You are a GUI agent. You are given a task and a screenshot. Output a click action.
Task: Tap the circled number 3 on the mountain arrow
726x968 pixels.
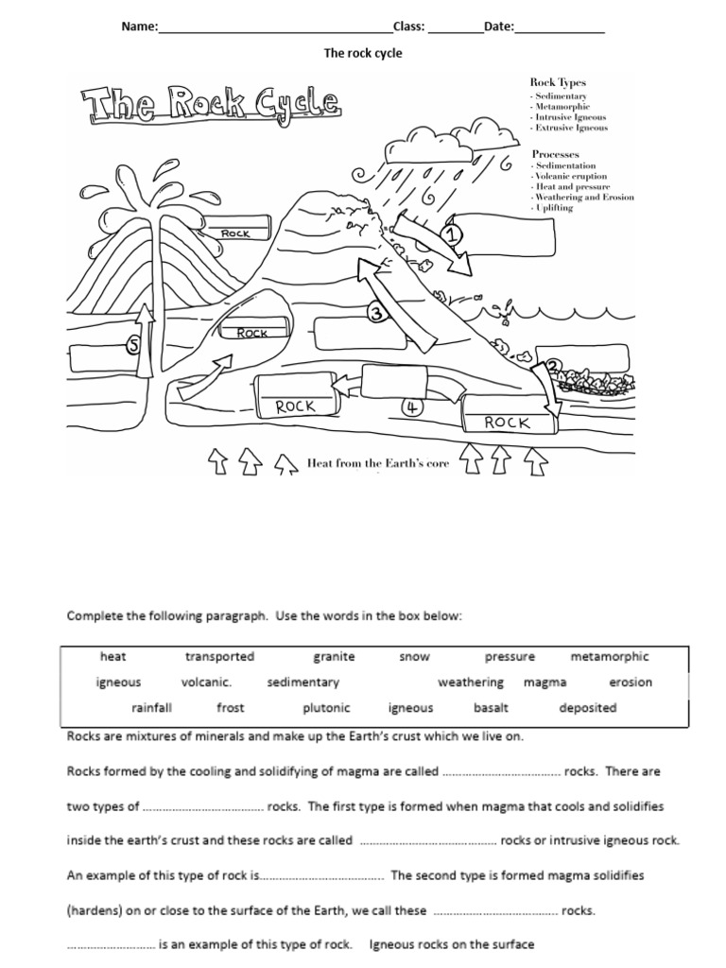[376, 314]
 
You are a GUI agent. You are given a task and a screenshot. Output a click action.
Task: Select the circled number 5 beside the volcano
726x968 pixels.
[135, 347]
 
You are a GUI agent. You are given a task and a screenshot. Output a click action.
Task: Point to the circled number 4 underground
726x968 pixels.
[411, 407]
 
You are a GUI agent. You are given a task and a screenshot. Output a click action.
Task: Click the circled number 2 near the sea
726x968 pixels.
[553, 366]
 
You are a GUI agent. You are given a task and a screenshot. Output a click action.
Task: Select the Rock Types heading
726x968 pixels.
[558, 83]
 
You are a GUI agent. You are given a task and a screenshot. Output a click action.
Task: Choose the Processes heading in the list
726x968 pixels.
[555, 153]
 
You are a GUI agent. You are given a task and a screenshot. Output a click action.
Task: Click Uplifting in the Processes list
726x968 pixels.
[554, 208]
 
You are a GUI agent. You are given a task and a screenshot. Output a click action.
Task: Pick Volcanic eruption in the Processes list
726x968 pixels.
[571, 176]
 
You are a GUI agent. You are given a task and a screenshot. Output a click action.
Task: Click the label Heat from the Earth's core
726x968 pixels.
[377, 463]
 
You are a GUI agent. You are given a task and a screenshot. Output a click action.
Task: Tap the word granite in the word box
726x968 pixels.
[334, 656]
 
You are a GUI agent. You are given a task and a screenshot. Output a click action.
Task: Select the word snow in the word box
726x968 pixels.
[414, 656]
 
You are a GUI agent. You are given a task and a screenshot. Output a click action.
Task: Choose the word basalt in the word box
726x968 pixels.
[491, 707]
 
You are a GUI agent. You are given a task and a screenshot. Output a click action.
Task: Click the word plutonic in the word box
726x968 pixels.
[326, 707]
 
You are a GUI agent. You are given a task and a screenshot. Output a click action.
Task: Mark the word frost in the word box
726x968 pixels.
[230, 707]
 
